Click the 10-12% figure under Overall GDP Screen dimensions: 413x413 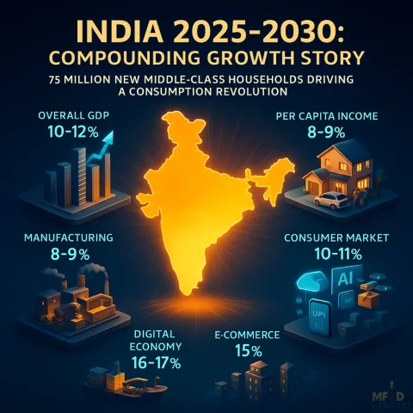pos(73,132)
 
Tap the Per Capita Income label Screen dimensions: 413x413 pos(327,116)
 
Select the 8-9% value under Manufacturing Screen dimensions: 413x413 pos(70,254)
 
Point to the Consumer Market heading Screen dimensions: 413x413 pos(336,237)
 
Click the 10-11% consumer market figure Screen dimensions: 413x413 pos(338,254)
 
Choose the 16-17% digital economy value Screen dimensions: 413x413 pos(156,363)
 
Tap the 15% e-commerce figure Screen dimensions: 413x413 pos(249,350)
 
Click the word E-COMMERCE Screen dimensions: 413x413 pos(247,335)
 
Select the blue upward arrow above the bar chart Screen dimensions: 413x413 pos(101,148)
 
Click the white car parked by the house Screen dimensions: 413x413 pos(331,200)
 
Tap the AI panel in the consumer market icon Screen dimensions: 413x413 pos(346,280)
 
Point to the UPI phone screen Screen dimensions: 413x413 pos(318,317)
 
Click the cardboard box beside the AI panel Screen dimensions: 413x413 pos(370,300)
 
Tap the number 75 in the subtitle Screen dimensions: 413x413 pos(54,79)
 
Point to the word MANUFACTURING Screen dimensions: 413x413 pos(69,237)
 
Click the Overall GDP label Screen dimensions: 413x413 pos(74,115)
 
